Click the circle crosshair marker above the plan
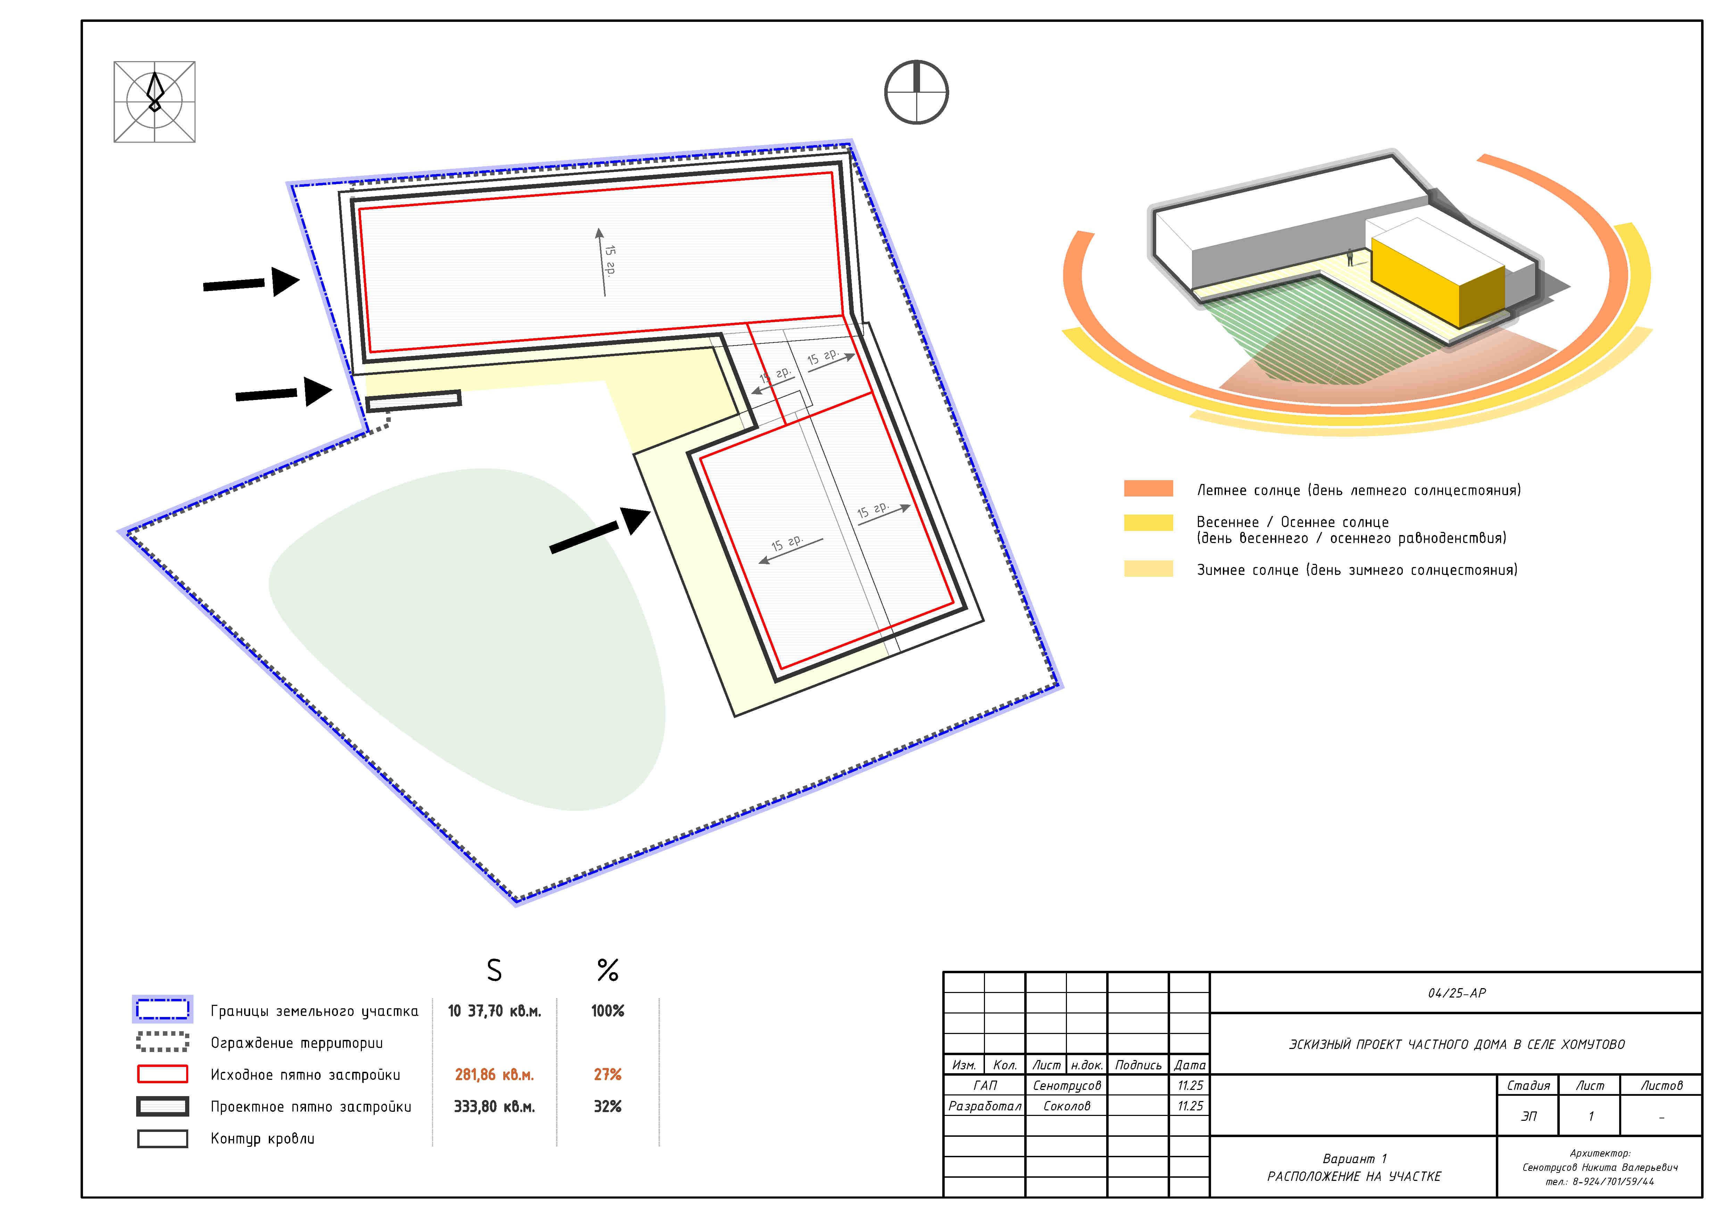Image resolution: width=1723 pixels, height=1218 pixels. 916,92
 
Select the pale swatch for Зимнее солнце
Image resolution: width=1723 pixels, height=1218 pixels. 1148,568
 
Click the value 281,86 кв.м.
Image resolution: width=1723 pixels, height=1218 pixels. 494,1075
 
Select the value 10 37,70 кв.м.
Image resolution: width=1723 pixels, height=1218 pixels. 494,1011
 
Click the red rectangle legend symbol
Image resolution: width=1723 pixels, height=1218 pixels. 162,1074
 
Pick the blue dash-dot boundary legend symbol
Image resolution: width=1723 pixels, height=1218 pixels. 162,1009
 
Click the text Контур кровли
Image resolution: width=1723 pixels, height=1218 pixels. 262,1138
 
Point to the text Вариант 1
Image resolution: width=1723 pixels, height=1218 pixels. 1355,1159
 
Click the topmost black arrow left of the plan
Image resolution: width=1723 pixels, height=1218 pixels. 251,283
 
